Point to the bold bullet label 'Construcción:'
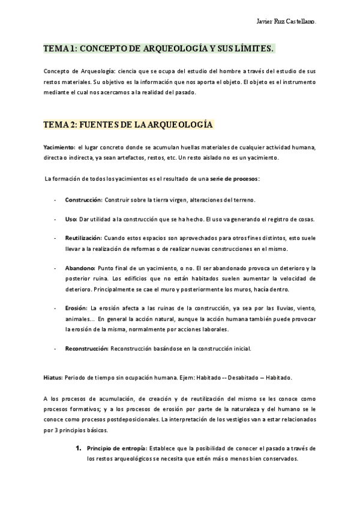(83, 199)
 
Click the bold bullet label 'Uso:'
(71, 219)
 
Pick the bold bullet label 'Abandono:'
(79, 268)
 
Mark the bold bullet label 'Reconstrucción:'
(86, 348)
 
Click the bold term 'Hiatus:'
(53, 378)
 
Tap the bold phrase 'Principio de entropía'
(116, 448)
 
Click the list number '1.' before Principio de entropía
(77, 448)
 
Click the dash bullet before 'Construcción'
(55, 199)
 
